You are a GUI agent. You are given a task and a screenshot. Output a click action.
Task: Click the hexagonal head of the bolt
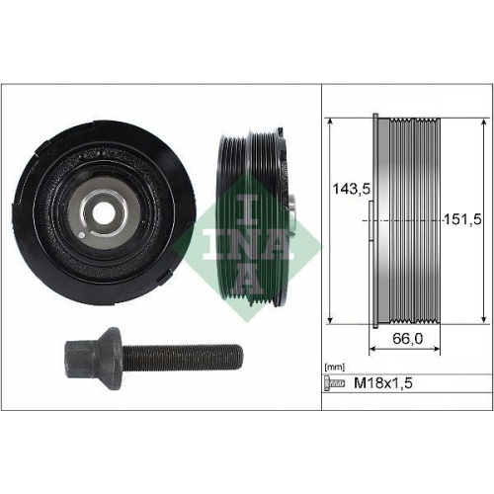click(x=73, y=355)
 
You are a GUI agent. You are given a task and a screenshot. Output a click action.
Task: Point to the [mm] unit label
click(x=335, y=367)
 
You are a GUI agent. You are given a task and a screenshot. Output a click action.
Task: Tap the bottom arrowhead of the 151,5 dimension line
click(x=482, y=319)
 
